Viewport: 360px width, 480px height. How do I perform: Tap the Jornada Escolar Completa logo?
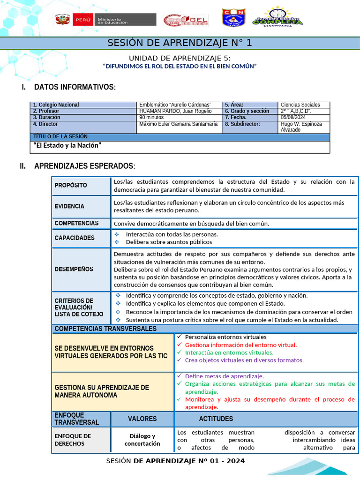[277, 17]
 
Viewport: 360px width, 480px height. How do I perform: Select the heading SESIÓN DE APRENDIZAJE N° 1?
[180, 43]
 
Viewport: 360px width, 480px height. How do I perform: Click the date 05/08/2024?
[293, 117]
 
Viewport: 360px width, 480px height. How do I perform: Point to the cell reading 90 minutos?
[151, 117]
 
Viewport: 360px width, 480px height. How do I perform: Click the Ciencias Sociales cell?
[300, 105]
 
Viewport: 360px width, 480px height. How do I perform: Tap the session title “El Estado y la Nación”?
[67, 145]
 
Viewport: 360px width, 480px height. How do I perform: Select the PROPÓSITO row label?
[71, 185]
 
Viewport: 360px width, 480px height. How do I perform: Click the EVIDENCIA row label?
[69, 206]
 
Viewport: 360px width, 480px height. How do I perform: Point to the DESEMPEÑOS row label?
[74, 269]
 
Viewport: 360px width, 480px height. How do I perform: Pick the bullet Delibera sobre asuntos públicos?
[169, 242]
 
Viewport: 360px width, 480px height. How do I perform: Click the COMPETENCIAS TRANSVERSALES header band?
[105, 329]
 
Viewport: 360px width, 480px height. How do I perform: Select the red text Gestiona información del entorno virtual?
[240, 345]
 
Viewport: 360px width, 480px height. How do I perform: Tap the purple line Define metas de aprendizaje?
[224, 376]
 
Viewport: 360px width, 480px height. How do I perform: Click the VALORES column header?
[142, 419]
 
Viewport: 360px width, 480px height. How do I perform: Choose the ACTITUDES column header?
[216, 419]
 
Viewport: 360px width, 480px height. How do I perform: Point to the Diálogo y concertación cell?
[142, 440]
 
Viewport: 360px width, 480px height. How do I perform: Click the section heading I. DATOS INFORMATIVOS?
[75, 87]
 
